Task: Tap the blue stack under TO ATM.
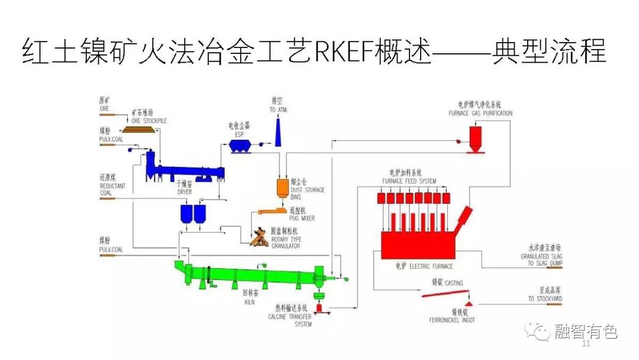277,131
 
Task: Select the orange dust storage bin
282,187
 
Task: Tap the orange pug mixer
272,211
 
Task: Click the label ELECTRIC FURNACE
431,266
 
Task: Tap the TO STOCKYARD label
545,299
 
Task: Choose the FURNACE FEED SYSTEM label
409,181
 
